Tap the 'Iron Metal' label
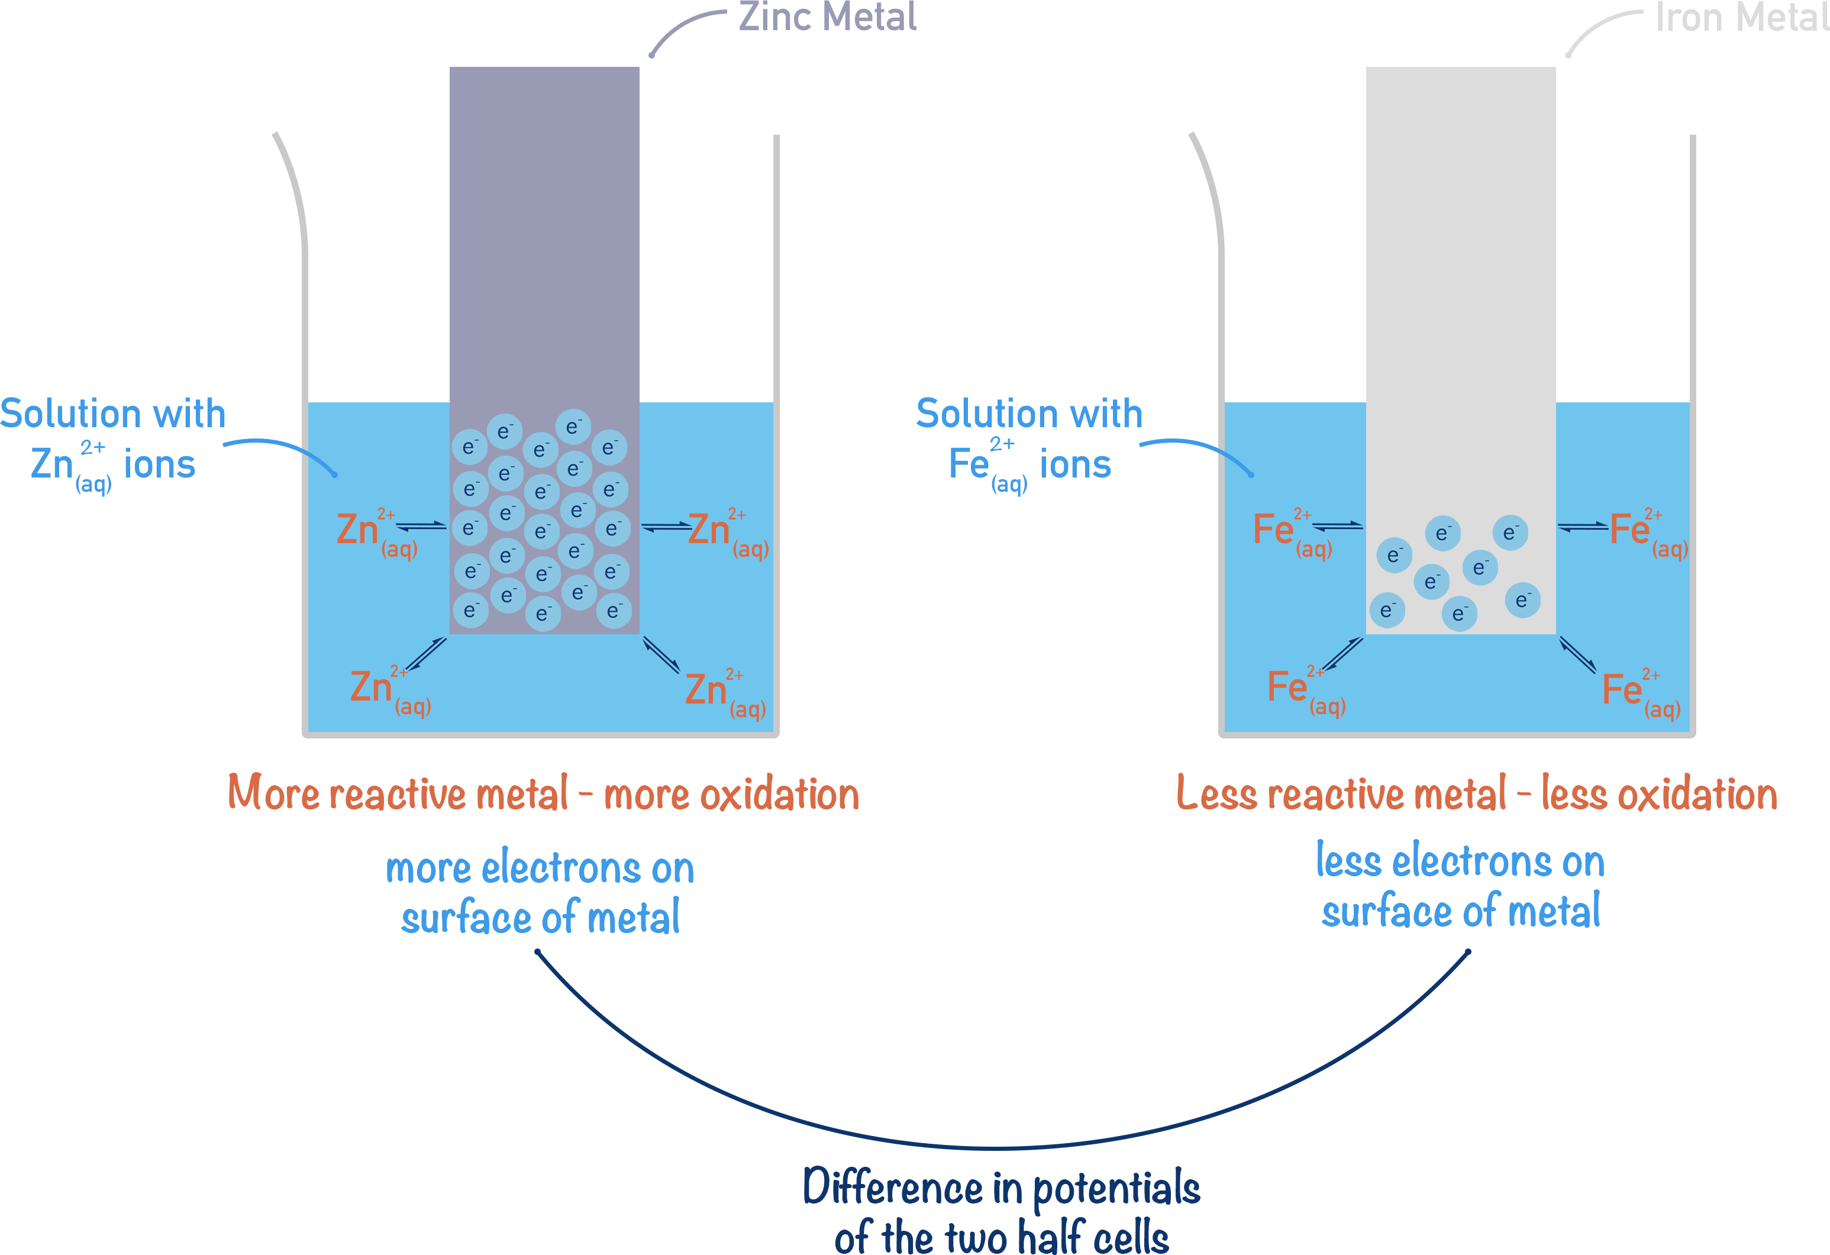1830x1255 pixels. pyautogui.click(x=1740, y=17)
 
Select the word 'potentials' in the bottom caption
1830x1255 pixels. pyautogui.click(x=1116, y=1189)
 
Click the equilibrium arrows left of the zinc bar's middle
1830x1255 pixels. pyautogui.click(x=421, y=526)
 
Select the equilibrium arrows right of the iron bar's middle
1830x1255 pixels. pyautogui.click(x=1583, y=527)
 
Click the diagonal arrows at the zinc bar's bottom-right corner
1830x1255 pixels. pyautogui.click(x=661, y=655)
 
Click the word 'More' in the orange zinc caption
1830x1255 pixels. pyautogui.click(x=272, y=793)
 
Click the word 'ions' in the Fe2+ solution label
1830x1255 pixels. pyautogui.click(x=1075, y=464)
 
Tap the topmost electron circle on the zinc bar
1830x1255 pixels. pyautogui.click(x=573, y=427)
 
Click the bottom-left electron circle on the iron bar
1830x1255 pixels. pyautogui.click(x=1387, y=610)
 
